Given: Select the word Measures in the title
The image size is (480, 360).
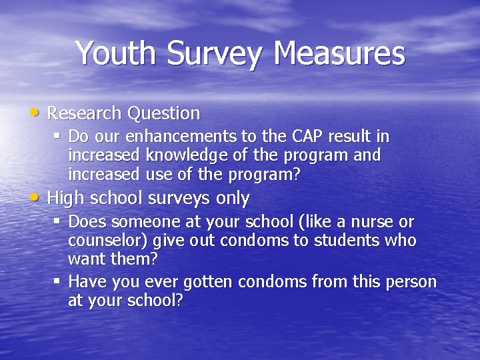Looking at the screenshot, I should (x=338, y=53).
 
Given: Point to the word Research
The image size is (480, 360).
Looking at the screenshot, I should (x=85, y=113).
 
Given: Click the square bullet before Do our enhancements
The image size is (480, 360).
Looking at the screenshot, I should (x=57, y=137).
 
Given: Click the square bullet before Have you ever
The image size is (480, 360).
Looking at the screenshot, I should (x=57, y=281).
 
